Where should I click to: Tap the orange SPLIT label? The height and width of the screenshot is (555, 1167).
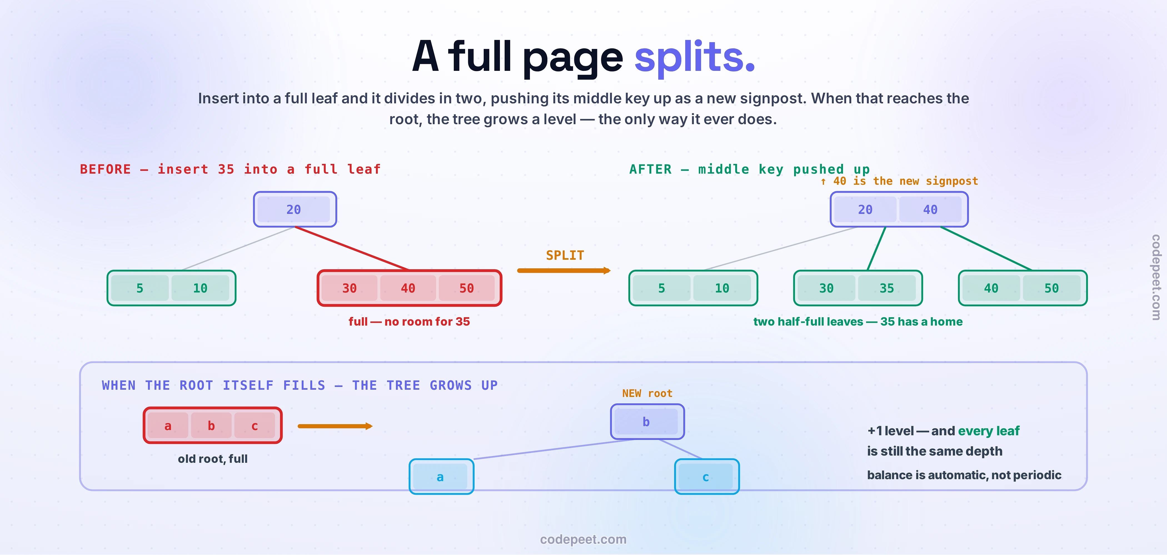pos(565,256)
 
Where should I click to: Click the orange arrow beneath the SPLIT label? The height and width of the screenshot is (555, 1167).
pos(564,271)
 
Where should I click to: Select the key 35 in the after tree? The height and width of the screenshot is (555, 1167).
pos(887,288)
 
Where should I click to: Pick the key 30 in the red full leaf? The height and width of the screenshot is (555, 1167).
pos(349,288)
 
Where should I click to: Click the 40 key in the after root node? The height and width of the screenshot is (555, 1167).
pos(930,209)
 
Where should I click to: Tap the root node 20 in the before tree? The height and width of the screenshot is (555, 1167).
pos(295,209)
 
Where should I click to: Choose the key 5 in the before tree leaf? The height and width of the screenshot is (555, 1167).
pos(140,288)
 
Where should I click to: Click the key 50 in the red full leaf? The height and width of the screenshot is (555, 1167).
pos(467,288)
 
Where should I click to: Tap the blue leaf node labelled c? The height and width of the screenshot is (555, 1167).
pos(707,477)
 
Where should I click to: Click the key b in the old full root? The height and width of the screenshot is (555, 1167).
pos(211,426)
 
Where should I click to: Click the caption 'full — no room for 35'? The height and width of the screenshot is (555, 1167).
pos(409,322)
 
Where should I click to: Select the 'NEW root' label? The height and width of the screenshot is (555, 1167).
pos(647,393)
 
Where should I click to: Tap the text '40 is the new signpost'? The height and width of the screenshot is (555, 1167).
pos(905,181)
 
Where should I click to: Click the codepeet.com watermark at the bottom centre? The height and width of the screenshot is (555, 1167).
pos(583,539)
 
